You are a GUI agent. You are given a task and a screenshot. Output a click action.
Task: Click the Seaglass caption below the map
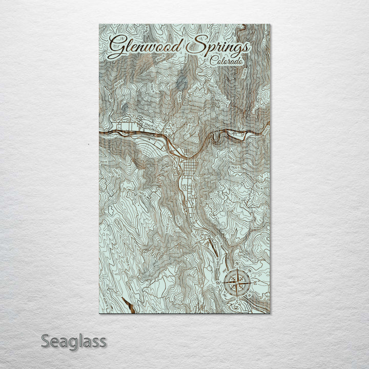tap(74, 340)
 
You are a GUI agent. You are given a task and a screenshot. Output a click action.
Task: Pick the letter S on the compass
tap(238, 297)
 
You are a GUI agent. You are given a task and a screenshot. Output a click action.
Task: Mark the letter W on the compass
tap(219, 281)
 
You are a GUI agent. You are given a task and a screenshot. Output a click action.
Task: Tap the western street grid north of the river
tap(126, 126)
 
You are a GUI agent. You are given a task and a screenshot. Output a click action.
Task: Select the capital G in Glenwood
tap(117, 46)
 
